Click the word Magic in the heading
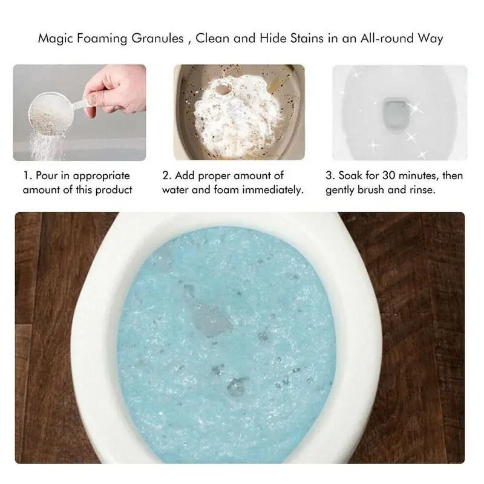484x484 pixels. [55, 39]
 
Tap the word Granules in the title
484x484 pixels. [157, 39]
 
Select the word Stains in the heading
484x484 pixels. [307, 38]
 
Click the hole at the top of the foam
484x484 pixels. [223, 88]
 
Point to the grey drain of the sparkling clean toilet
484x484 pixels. [396, 113]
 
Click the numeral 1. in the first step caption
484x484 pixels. [28, 175]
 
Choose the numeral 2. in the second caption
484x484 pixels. [167, 175]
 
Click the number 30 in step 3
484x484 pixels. [388, 175]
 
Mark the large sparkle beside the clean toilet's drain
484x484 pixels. [414, 108]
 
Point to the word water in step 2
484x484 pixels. [175, 190]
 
